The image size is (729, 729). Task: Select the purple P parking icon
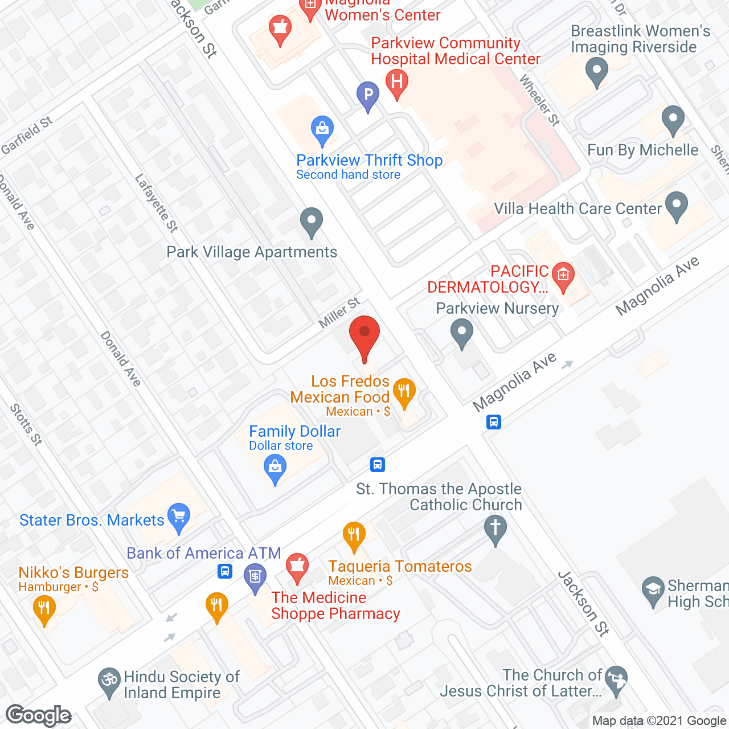pyautogui.click(x=368, y=95)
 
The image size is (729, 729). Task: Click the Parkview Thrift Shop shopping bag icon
pyautogui.click(x=322, y=129)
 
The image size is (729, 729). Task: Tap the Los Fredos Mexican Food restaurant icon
pyautogui.click(x=404, y=392)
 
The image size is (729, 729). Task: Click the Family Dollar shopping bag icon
pyautogui.click(x=275, y=468)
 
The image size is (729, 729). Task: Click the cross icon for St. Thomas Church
pyautogui.click(x=495, y=528)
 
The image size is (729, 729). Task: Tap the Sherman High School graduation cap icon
pyautogui.click(x=653, y=590)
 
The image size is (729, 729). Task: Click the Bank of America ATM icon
pyautogui.click(x=255, y=576)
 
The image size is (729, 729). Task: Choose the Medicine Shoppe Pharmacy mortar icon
pyautogui.click(x=297, y=567)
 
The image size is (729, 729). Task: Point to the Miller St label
pyautogui.click(x=339, y=313)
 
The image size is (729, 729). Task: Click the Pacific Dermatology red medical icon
pyautogui.click(x=563, y=276)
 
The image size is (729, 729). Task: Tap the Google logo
pyautogui.click(x=39, y=715)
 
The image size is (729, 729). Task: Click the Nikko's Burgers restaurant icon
pyautogui.click(x=44, y=608)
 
